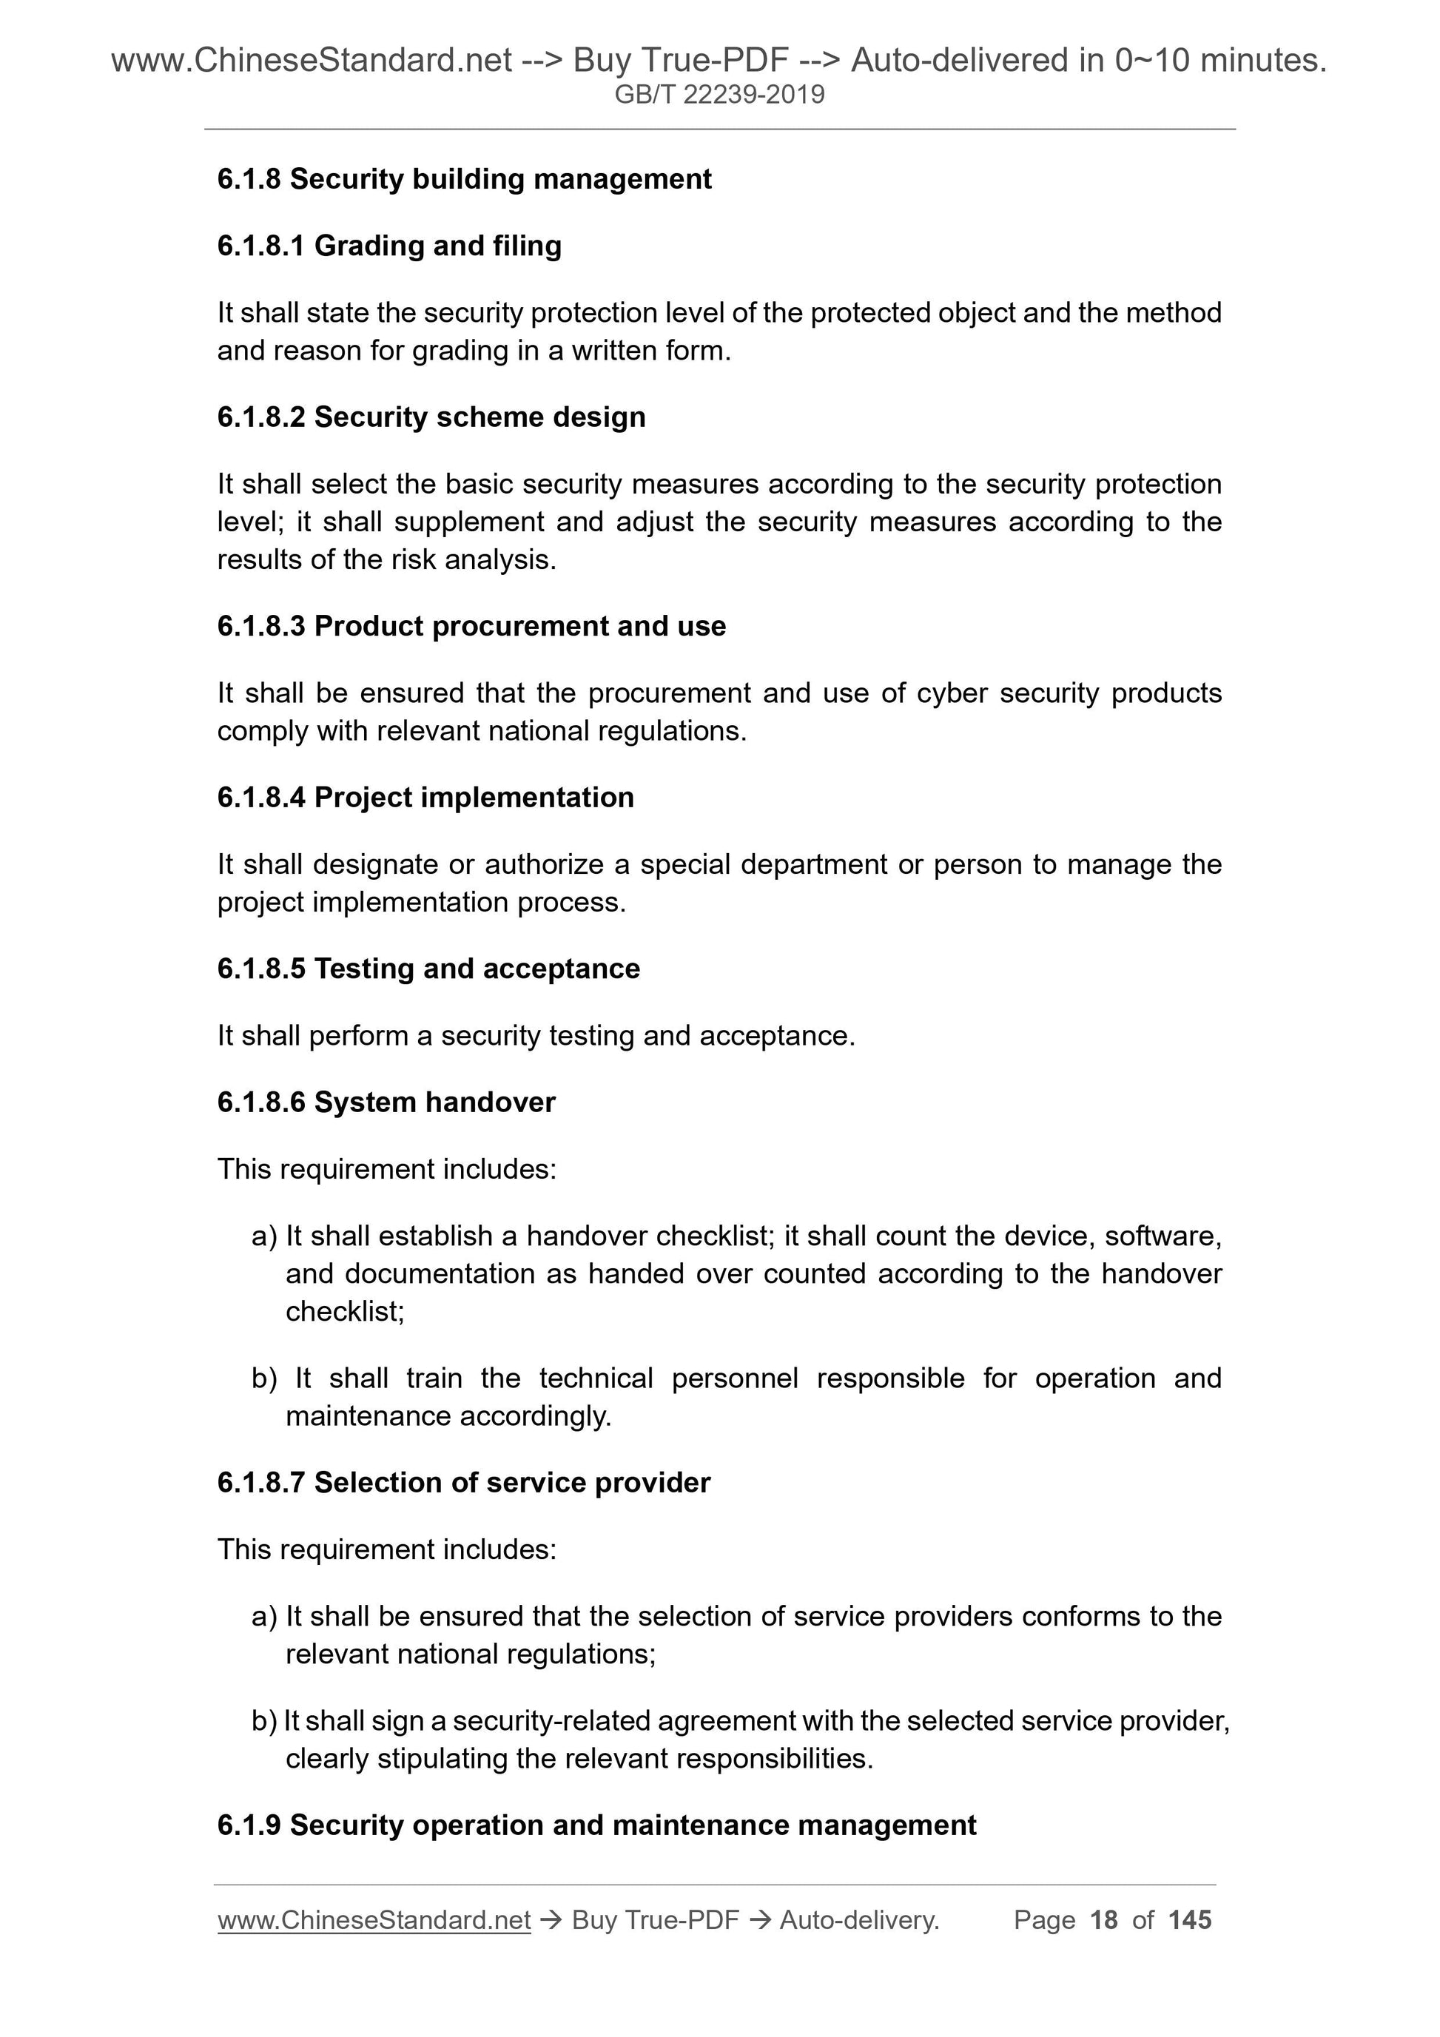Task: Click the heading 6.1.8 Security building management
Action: [464, 179]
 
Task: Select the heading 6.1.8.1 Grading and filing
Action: [388, 246]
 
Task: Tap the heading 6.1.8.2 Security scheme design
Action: [431, 417]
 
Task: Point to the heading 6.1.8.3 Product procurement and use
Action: [471, 627]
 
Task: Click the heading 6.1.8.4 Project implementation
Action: [425, 798]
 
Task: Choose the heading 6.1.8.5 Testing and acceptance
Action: [428, 969]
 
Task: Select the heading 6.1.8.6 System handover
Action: [386, 1102]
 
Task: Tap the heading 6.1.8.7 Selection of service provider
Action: [463, 1483]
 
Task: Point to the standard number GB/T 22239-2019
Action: [719, 94]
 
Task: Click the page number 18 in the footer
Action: [1104, 1920]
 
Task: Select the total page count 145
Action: [1190, 1920]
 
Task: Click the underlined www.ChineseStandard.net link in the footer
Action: [374, 1920]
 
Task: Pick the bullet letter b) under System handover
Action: [263, 1378]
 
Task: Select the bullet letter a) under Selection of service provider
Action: [263, 1617]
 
